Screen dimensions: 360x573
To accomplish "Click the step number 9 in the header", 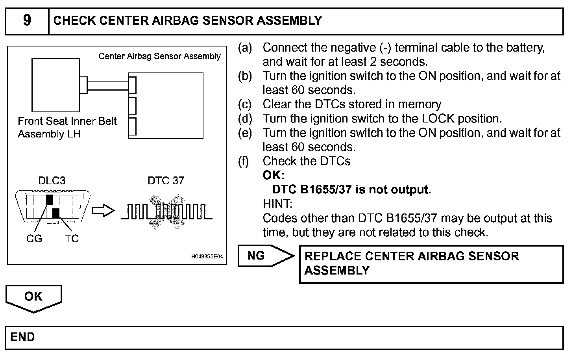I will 27,20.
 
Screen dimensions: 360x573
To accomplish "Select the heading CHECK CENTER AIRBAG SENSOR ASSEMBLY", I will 187,20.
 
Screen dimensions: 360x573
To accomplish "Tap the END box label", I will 23,337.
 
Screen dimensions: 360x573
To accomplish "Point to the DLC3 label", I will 52,181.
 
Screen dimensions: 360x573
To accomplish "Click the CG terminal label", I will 34,239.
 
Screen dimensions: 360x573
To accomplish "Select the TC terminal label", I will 72,239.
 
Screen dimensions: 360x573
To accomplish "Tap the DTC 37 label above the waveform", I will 166,181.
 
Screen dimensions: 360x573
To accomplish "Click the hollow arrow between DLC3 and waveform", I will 103,211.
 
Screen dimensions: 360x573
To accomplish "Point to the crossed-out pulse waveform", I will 166,212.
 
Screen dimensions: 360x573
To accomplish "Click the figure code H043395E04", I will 207,257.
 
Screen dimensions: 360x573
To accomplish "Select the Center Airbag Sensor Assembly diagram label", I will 159,56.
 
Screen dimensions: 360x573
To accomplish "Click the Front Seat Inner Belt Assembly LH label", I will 67,128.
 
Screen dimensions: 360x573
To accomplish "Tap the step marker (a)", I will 245,48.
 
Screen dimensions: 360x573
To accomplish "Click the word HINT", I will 277,204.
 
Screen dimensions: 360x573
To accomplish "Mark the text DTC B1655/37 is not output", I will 351,190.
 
